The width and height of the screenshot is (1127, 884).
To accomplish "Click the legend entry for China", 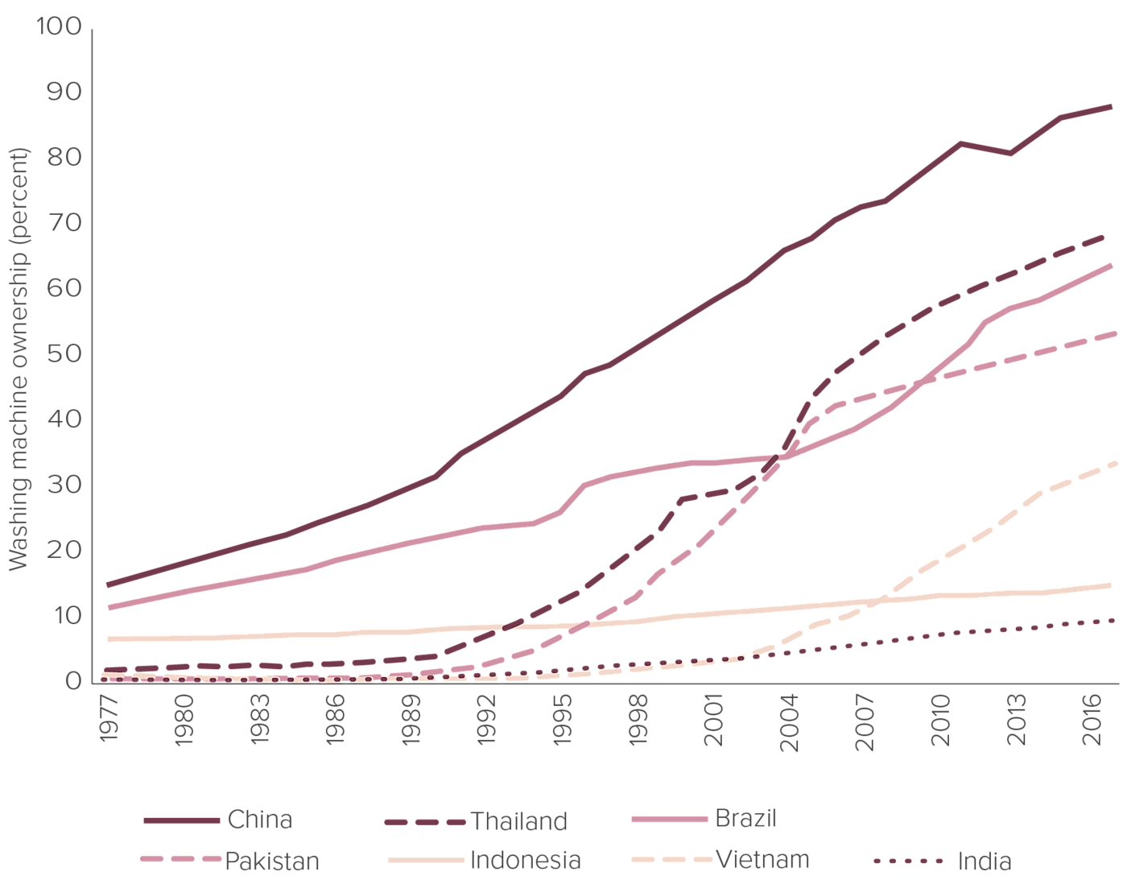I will tap(259, 820).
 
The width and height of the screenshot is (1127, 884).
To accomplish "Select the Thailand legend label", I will tap(519, 821).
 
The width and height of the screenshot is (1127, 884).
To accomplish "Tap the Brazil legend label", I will tap(745, 819).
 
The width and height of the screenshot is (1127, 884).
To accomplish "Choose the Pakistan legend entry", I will tap(271, 861).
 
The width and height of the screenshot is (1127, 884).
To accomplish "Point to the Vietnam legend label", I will tap(762, 859).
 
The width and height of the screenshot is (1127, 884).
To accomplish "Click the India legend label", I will tap(984, 861).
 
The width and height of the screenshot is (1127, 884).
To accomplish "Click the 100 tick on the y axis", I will tap(59, 27).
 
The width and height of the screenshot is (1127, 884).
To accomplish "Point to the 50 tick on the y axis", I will tap(64, 354).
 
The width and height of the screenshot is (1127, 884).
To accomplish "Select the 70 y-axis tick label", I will tap(64, 223).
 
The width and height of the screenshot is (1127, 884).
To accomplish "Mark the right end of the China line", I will tap(1112, 106).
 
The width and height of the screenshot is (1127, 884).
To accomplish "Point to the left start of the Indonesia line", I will tap(108, 638).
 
